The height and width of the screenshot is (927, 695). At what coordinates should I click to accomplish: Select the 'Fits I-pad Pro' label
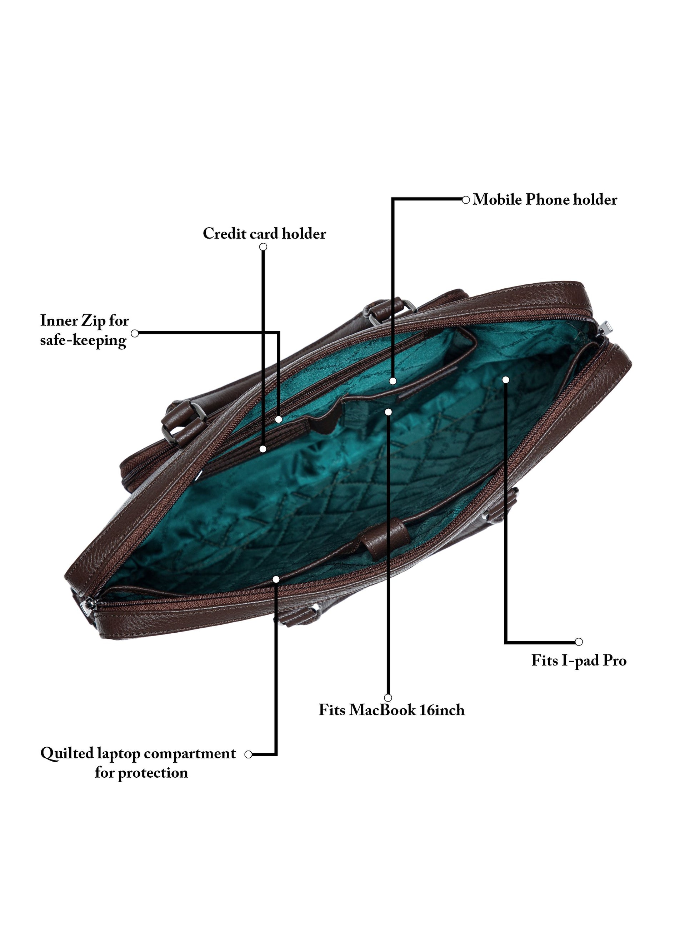point(579,661)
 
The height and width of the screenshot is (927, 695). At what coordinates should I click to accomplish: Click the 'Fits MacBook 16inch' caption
point(391,710)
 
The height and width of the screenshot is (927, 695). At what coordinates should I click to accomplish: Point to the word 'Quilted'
point(67,753)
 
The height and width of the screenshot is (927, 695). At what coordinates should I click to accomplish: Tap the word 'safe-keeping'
point(83,340)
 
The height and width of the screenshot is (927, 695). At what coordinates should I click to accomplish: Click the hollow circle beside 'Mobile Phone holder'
point(465,200)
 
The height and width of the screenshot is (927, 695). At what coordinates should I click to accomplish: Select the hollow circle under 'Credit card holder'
point(263,247)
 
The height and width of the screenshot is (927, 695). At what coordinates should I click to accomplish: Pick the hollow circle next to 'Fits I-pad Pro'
point(579,642)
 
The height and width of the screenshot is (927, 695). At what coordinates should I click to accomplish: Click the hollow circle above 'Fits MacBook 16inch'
point(388,698)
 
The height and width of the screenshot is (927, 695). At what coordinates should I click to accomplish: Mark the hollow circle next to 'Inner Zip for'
point(135,333)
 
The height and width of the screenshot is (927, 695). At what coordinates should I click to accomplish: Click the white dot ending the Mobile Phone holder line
point(392,381)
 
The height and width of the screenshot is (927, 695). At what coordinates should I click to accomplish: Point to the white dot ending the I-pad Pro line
point(506,380)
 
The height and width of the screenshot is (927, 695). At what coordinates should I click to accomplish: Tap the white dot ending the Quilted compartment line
point(276,579)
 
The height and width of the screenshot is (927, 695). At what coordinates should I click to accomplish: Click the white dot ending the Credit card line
point(262,449)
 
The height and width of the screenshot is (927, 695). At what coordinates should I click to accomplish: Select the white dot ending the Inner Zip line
point(279,419)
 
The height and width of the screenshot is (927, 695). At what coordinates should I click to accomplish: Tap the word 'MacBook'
point(382,710)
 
